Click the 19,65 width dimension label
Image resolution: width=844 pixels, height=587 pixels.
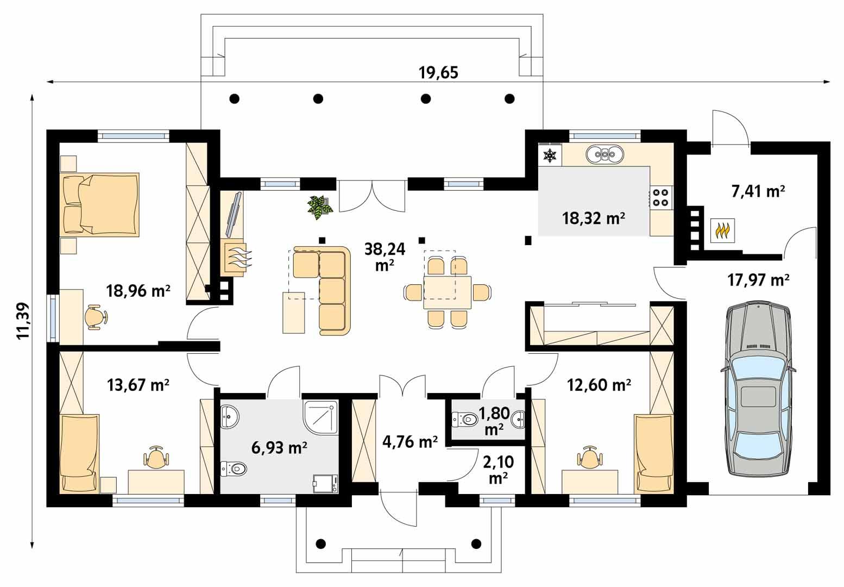pyautogui.click(x=438, y=72)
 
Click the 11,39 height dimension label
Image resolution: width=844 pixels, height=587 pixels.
pyautogui.click(x=23, y=321)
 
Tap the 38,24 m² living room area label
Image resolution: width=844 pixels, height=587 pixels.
pyautogui.click(x=385, y=256)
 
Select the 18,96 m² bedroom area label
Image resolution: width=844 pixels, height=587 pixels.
pyautogui.click(x=138, y=291)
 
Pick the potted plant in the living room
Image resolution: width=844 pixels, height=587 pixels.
pyautogui.click(x=320, y=207)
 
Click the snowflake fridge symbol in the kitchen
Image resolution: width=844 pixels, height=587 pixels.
pyautogui.click(x=550, y=156)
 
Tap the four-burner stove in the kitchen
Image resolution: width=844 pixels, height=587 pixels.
pyautogui.click(x=660, y=197)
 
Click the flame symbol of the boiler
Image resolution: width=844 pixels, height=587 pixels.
pyautogui.click(x=722, y=231)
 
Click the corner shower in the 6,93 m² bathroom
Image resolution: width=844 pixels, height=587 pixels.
pyautogui.click(x=320, y=418)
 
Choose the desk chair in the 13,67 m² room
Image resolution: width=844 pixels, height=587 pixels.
pyautogui.click(x=156, y=457)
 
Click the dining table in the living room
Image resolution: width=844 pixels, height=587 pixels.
pyautogui.click(x=447, y=292)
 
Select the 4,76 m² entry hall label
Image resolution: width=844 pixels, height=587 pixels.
pyautogui.click(x=410, y=442)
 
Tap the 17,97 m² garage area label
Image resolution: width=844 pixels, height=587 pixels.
pyautogui.click(x=758, y=280)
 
